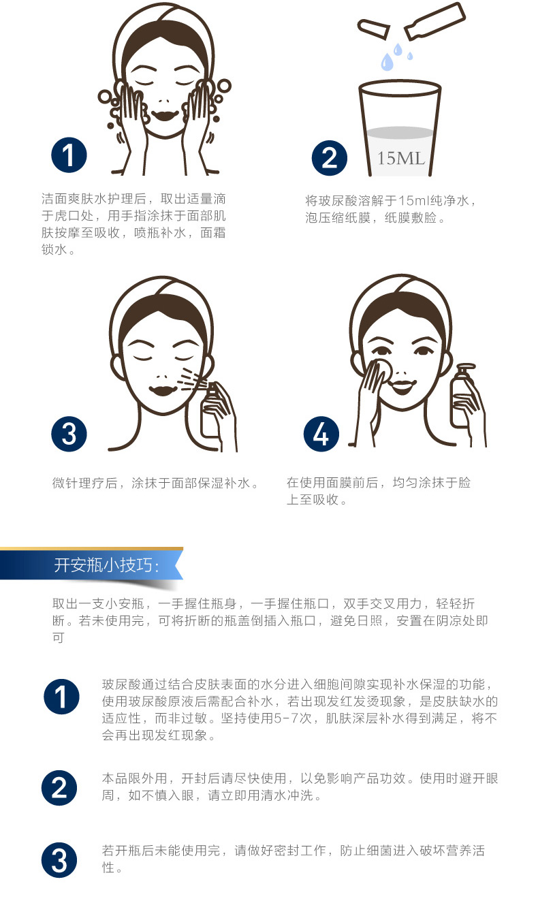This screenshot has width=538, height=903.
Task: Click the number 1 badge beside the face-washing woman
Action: [x=69, y=155]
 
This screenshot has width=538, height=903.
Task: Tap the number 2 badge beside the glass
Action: [x=329, y=157]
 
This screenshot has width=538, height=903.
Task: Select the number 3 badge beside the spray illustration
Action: [x=69, y=434]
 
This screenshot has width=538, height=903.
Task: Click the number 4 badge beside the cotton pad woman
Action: [x=321, y=434]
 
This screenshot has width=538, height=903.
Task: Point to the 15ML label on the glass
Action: [x=401, y=159]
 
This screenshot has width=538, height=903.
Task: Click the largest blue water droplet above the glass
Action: [x=387, y=62]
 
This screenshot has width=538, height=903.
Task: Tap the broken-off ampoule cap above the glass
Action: [x=374, y=28]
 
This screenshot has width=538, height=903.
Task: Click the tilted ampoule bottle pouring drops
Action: [x=435, y=21]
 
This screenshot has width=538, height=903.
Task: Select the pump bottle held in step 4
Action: [x=464, y=396]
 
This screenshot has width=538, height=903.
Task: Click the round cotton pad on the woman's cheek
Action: [x=382, y=370]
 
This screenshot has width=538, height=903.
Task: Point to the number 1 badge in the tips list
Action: [x=61, y=697]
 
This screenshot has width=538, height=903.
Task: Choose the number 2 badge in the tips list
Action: [x=59, y=788]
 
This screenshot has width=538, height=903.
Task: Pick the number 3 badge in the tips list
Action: [x=59, y=860]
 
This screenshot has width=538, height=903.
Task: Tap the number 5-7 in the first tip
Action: [x=287, y=718]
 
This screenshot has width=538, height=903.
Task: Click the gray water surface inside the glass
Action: [x=400, y=133]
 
